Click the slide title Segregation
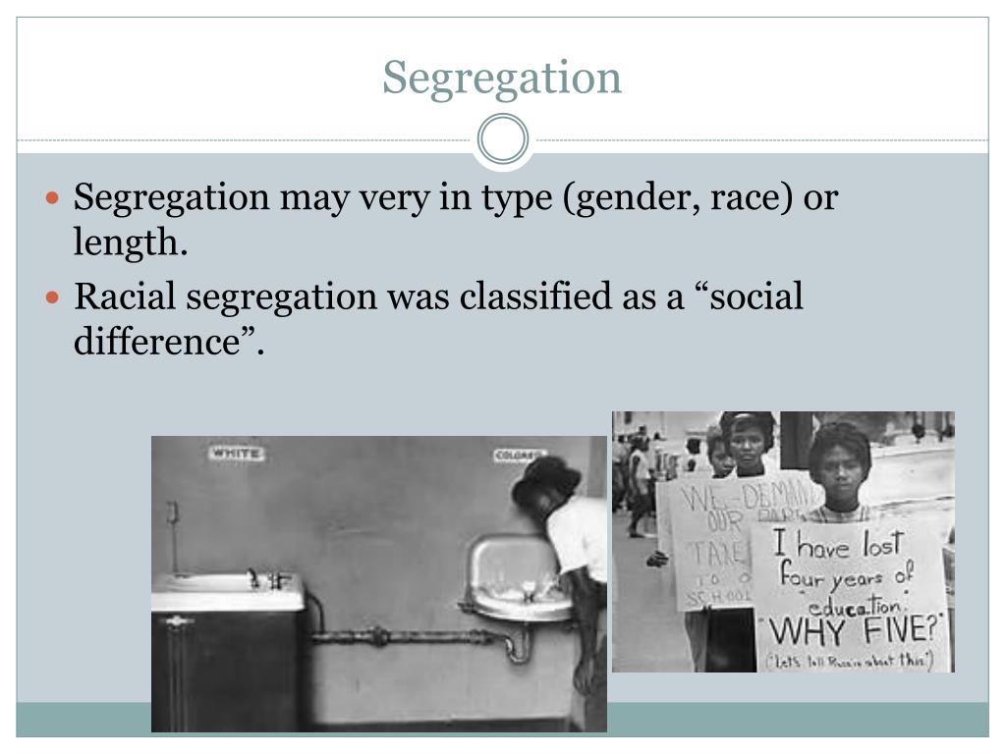[502, 78]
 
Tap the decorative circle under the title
[502, 138]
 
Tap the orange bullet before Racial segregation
[55, 296]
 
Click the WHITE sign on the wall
[235, 454]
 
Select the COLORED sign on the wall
[519, 456]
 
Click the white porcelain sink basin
[516, 579]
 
